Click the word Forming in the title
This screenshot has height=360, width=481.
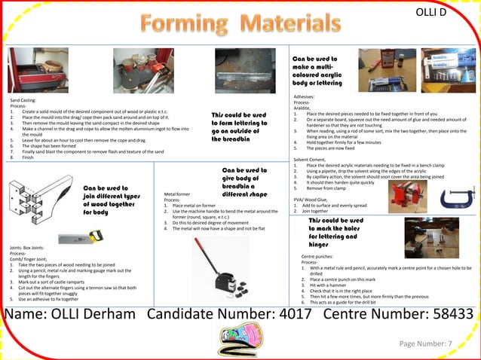(x=187, y=24)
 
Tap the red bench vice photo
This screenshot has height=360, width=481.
(x=407, y=195)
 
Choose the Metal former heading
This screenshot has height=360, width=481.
(x=179, y=194)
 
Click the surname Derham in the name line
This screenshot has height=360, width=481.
(x=105, y=314)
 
